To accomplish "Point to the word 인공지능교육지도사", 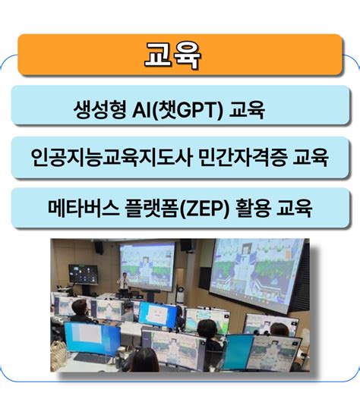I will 102,159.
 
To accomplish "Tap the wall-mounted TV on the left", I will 79,274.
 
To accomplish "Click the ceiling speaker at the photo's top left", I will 98,247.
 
